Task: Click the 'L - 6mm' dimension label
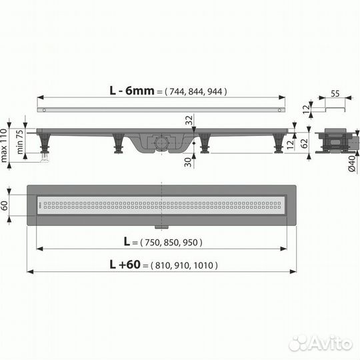pos(132,91)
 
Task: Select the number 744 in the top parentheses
pos(177,92)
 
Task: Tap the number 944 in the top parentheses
pos(215,92)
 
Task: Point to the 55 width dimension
pos(335,94)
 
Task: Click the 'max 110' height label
pos(4,145)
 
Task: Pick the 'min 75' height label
pos(20,141)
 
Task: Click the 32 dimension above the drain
pos(189,120)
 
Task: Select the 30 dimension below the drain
pos(188,162)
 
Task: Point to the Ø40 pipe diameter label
pos(352,163)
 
